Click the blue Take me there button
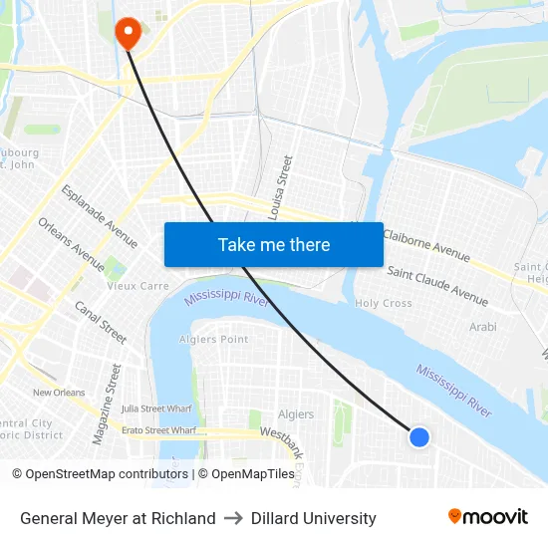coord(273,244)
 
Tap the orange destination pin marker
coord(128,34)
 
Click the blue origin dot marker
coord(419,436)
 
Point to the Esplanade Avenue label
coord(100,216)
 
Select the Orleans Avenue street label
coord(71,244)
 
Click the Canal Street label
coord(101,322)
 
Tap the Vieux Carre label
coord(137,286)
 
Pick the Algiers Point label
coord(213,340)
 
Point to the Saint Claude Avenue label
coord(437,285)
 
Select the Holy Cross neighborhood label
coord(384,303)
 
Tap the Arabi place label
coord(482,326)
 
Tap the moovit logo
coord(488,517)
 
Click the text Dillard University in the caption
coord(314,518)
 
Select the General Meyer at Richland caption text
coord(118,518)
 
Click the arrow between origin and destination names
coord(233,518)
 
